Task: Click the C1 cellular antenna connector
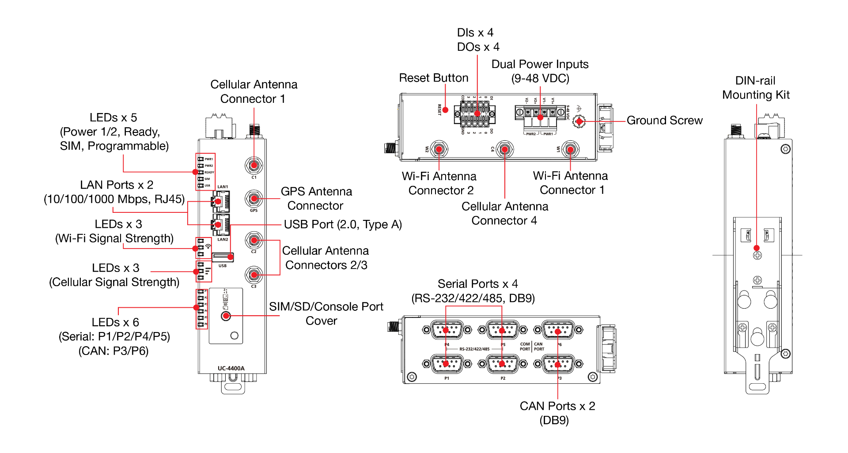(x=254, y=166)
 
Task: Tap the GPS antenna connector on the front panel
(x=254, y=199)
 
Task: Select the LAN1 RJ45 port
(x=220, y=202)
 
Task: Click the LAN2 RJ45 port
(x=220, y=225)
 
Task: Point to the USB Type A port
(x=223, y=257)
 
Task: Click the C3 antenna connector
(x=254, y=275)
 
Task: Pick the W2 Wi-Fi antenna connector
(x=439, y=149)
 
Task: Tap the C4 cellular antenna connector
(x=504, y=149)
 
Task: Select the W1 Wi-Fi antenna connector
(x=570, y=149)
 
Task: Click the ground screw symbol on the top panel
(x=579, y=121)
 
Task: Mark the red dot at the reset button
(x=446, y=110)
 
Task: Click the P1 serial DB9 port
(x=447, y=364)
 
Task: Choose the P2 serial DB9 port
(x=502, y=364)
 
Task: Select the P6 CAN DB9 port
(x=558, y=330)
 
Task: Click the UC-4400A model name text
(x=231, y=368)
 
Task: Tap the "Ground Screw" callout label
(x=664, y=121)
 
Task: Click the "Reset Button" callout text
(x=434, y=78)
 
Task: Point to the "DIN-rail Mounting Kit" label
(x=756, y=88)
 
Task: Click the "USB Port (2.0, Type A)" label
(x=343, y=225)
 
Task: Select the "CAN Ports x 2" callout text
(x=557, y=406)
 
